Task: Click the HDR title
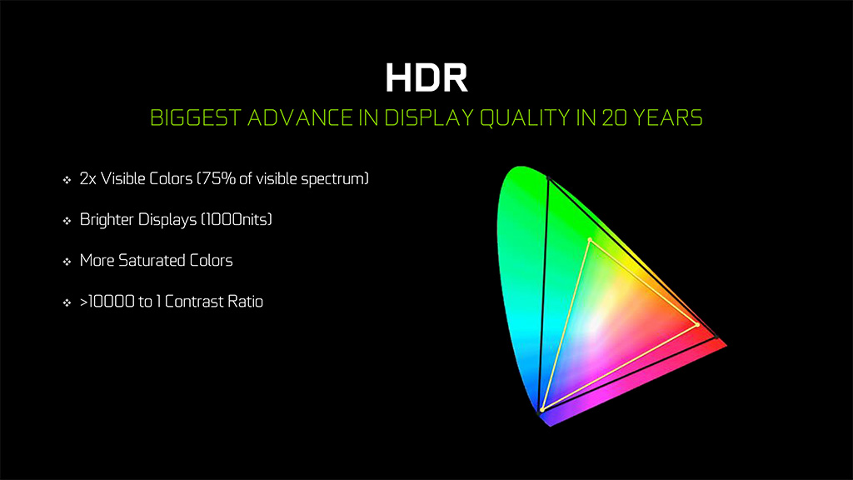tap(426, 77)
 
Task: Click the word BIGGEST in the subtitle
tap(195, 118)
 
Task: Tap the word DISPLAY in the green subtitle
tap(429, 118)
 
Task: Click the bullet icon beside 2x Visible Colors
tap(67, 180)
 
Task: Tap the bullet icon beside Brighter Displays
tap(67, 220)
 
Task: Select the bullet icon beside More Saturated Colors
tap(67, 262)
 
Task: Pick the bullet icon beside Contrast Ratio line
tap(67, 302)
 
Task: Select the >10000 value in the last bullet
tap(107, 302)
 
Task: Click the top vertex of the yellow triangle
tap(590, 239)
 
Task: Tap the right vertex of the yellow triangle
tap(697, 325)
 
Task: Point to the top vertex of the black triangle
tap(548, 177)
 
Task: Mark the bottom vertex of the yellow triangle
tap(542, 410)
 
